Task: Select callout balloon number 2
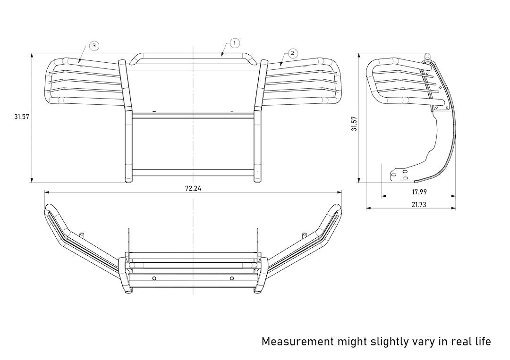click(x=292, y=53)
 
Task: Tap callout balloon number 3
click(x=94, y=45)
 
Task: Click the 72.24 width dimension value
click(x=193, y=188)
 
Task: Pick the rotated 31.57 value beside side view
click(x=354, y=124)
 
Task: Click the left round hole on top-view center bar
click(x=154, y=278)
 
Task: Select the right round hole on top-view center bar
click(x=232, y=278)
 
